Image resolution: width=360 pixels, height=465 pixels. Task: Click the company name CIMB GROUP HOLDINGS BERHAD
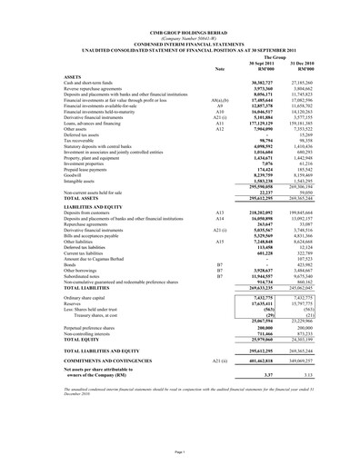coord(179,11)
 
